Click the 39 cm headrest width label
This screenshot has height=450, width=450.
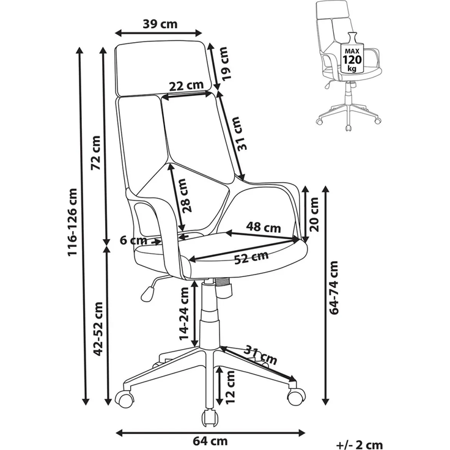(x=160, y=24)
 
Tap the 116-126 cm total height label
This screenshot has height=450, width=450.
(x=72, y=222)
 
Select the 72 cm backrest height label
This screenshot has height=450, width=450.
(x=96, y=153)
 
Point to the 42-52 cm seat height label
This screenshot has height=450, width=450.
(x=98, y=329)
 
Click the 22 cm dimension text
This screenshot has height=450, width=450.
(x=186, y=85)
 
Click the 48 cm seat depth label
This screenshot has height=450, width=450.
(x=264, y=227)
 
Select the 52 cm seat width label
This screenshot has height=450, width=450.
(x=251, y=258)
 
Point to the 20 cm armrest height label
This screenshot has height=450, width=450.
(x=314, y=215)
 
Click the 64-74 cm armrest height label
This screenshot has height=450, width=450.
(x=334, y=288)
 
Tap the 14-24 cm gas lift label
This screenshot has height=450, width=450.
(x=184, y=314)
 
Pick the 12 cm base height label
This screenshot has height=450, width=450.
(x=230, y=388)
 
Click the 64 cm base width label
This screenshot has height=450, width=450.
(x=210, y=441)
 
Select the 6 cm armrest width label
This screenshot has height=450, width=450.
(x=133, y=240)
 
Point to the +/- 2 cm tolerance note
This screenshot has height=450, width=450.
(x=360, y=444)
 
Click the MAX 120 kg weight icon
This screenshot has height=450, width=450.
(x=352, y=53)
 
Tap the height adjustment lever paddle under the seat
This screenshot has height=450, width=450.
(x=147, y=294)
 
